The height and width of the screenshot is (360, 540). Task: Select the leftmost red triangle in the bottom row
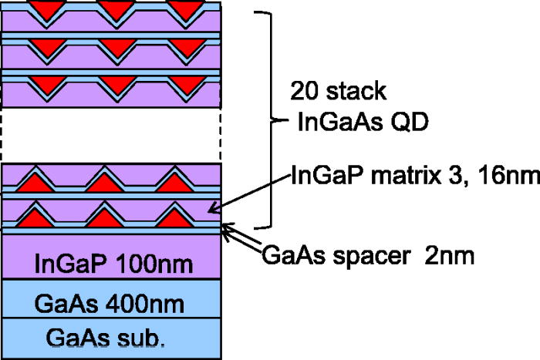[x=39, y=217]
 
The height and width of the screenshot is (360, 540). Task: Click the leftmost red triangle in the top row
[x=39, y=9]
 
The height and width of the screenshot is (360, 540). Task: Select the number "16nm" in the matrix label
[x=508, y=175]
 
